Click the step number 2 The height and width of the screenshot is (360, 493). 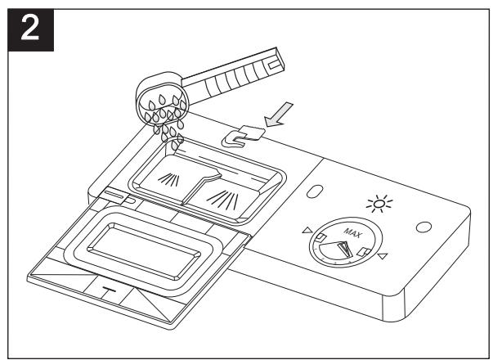coord(30,29)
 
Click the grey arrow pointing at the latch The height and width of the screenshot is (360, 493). coord(278,115)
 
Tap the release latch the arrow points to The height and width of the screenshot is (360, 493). coord(243,137)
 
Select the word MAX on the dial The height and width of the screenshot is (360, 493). coord(352,233)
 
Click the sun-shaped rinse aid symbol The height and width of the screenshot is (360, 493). coord(379,204)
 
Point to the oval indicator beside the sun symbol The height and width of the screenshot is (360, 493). coord(315,191)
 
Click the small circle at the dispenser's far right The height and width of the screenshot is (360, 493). coord(424,227)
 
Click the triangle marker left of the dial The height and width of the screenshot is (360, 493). coord(307,230)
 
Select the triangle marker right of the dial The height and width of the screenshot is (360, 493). coord(383,256)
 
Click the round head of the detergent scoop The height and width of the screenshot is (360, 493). coord(162,100)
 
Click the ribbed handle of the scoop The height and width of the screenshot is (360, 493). coord(233,75)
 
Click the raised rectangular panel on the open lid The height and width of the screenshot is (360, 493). coord(144,251)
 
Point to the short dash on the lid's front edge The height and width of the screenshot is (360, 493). coord(109,289)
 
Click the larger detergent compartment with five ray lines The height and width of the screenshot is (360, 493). coord(223,198)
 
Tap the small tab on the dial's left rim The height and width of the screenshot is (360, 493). coord(320,237)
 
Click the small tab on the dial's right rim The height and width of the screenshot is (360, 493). coord(364,252)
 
